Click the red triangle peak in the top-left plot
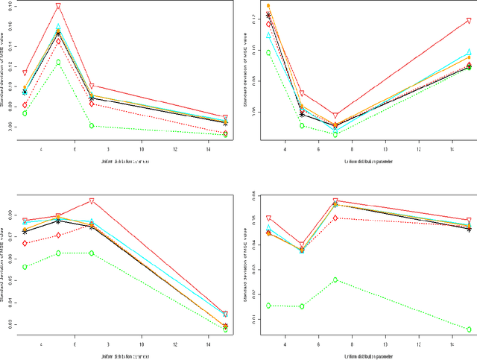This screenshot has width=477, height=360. [58, 7]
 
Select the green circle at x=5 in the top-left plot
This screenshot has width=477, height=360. [58, 62]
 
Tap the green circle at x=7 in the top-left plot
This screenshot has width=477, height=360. [91, 125]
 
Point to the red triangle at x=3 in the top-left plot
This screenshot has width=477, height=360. [25, 73]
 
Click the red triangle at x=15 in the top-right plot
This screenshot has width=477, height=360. [469, 21]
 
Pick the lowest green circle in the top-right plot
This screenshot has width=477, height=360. [335, 134]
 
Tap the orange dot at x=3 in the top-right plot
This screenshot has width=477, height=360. [268, 6]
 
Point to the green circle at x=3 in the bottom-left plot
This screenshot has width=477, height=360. [25, 267]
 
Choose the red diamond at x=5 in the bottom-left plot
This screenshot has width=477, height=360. [58, 236]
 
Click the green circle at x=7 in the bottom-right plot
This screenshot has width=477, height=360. [335, 280]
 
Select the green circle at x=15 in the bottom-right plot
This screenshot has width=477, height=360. [469, 329]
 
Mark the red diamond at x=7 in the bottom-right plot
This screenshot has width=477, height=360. [335, 218]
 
